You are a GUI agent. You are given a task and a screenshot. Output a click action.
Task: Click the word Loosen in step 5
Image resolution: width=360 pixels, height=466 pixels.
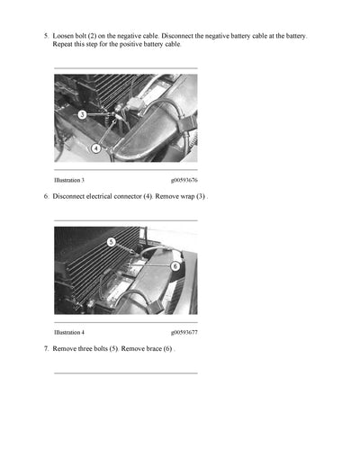coord(65,36)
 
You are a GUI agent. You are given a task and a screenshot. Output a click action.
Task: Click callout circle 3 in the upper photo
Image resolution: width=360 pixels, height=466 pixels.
coord(82,115)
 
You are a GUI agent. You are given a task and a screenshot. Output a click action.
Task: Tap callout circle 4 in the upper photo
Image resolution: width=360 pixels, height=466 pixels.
coord(96,148)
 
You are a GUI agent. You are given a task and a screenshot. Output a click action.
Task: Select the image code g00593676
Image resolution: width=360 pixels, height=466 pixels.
coord(184,181)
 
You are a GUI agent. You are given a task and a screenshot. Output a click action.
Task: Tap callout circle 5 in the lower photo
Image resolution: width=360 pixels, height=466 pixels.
coord(111,242)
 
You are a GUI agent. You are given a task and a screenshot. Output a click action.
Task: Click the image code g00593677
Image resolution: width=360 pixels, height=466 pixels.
coord(184,332)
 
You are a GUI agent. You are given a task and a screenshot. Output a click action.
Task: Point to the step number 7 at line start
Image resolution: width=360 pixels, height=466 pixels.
coord(45,347)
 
